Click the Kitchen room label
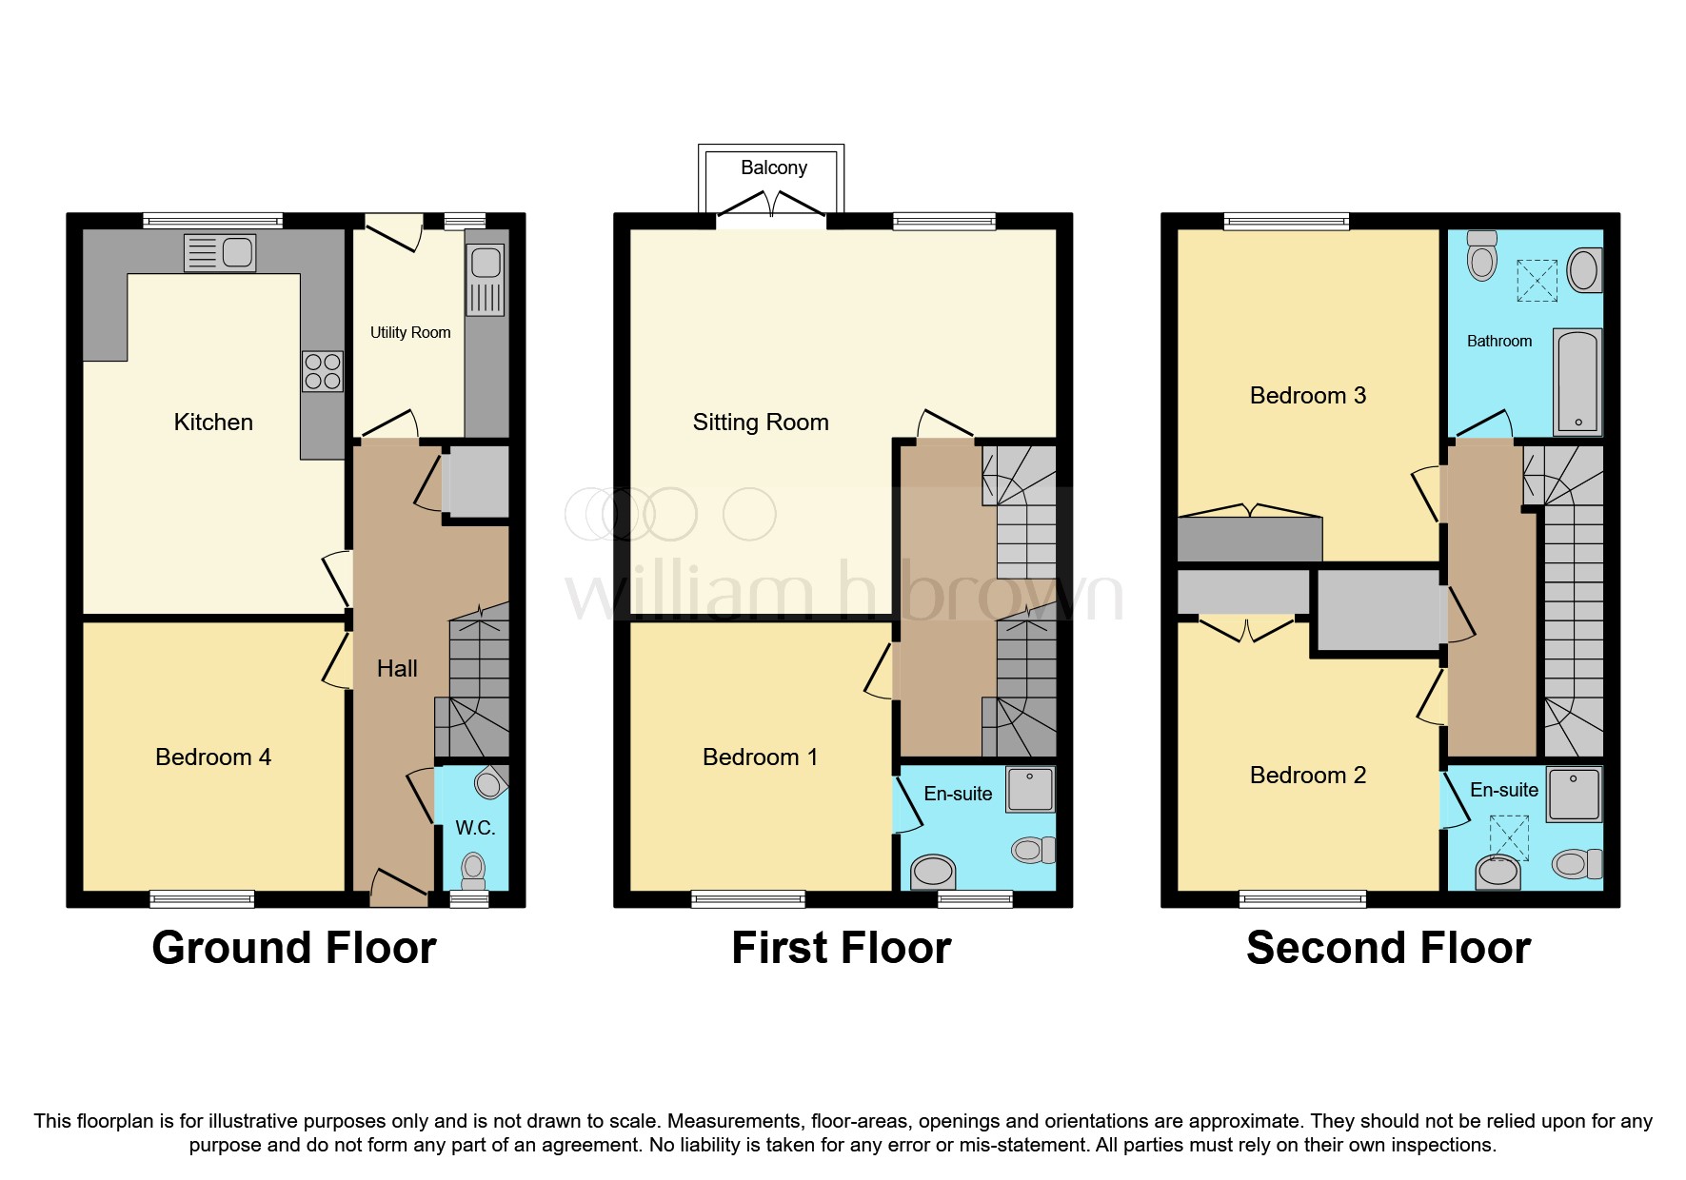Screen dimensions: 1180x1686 click(213, 423)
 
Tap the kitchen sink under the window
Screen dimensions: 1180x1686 click(220, 253)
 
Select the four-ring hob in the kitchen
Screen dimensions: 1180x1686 click(323, 371)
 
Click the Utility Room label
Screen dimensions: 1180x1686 click(410, 332)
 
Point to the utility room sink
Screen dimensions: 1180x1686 click(486, 281)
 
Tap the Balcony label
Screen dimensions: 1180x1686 click(773, 167)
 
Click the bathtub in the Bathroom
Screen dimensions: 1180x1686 click(1577, 382)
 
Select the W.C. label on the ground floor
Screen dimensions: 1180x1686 click(475, 828)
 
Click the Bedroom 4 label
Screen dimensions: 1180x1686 click(213, 757)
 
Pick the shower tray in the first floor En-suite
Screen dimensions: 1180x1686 click(1029, 790)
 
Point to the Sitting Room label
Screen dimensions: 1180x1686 click(761, 423)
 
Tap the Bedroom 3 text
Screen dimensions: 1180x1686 click(1307, 396)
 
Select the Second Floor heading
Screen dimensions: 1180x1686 click(1388, 948)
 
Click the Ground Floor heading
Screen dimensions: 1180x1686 click(294, 948)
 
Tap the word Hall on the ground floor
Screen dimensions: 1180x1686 click(397, 669)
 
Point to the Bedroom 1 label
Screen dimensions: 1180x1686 click(760, 757)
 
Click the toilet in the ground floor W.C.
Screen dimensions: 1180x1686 click(473, 870)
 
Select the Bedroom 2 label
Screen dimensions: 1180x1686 click(1307, 776)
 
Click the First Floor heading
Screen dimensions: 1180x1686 click(841, 948)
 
